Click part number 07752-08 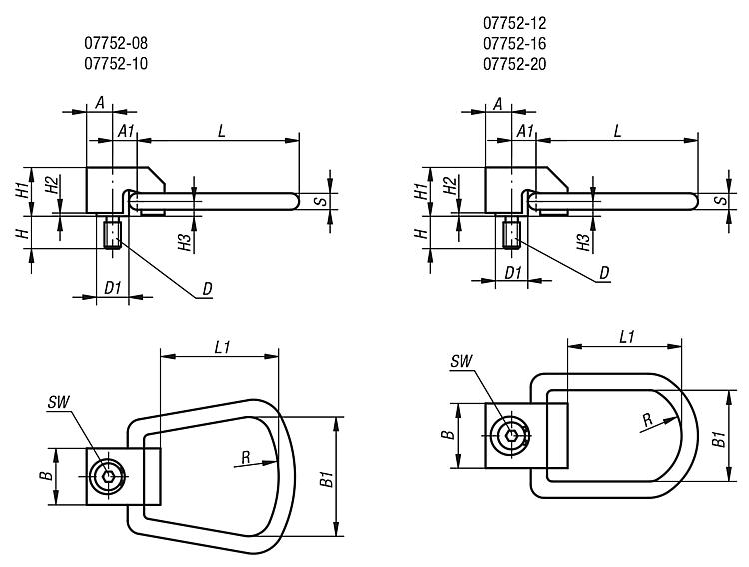point(116,43)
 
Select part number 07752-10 point(116,64)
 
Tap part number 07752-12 point(515,22)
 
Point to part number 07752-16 point(515,43)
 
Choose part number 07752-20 point(515,64)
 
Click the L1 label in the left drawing point(223,347)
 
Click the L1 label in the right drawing point(627,337)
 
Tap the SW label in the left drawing point(59,402)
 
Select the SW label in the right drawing point(462,361)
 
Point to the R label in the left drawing point(246,457)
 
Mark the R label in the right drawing point(648,420)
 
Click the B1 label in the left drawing point(327,478)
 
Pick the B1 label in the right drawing point(719,439)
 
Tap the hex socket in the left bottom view point(108,477)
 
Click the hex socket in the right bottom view point(510,435)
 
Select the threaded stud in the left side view point(113,233)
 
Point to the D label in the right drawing point(605,273)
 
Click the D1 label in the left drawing point(113,288)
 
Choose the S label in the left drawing point(323,200)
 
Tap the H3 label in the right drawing point(584,243)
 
